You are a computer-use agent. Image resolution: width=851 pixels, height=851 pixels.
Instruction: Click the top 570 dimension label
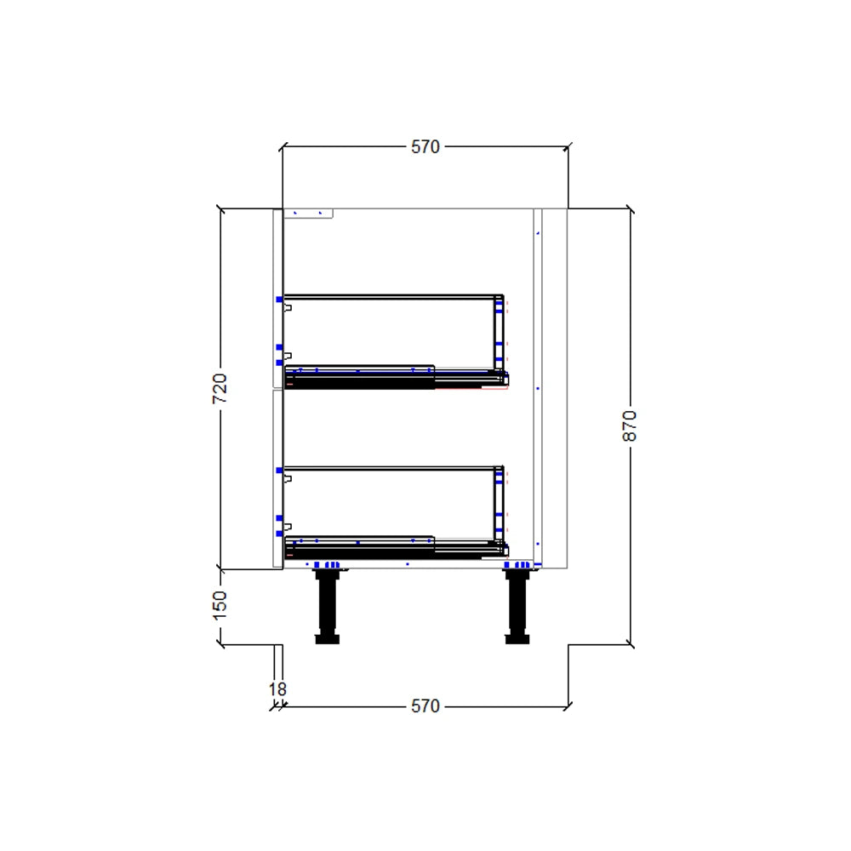[425, 146]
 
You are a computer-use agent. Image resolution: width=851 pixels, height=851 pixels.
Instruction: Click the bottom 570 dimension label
[425, 705]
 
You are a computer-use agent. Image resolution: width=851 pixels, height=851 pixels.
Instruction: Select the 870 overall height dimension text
[630, 425]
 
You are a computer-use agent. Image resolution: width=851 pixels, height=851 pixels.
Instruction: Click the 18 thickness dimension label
[277, 688]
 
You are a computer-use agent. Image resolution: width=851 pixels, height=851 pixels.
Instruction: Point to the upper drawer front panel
[277, 298]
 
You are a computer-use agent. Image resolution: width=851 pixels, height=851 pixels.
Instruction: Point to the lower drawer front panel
[277, 477]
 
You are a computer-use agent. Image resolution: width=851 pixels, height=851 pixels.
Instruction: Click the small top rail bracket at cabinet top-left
[307, 214]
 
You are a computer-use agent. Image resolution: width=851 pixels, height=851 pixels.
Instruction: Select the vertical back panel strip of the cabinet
[537, 387]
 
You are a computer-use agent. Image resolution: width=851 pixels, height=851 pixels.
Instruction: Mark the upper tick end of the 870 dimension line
[630, 208]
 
